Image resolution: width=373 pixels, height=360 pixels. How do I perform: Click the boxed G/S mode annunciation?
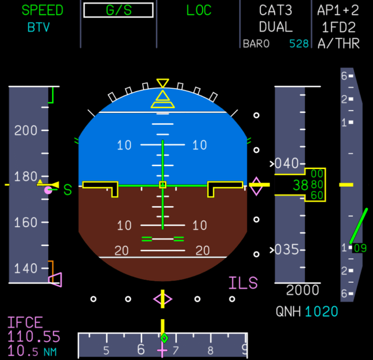pos(118,10)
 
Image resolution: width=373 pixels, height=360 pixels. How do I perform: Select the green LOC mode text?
pos(199,10)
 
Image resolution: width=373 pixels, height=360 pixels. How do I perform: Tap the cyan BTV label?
pos(39,27)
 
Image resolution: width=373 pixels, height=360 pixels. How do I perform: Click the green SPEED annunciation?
pos(42,10)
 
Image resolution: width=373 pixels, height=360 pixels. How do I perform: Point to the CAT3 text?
pos(275,10)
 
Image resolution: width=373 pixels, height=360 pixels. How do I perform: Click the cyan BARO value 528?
pos(299,44)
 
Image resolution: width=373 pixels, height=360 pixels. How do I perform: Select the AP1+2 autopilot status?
pos(338,10)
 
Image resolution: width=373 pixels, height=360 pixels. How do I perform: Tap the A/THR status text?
pos(338,44)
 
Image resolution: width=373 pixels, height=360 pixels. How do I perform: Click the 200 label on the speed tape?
pos(26,130)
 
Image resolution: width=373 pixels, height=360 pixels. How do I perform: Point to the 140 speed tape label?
pos(26,269)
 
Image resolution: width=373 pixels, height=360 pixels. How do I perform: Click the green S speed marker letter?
pos(68,190)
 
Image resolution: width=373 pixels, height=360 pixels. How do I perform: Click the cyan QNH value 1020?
pos(321,312)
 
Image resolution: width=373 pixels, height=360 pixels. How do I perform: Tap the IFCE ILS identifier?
pos(25,323)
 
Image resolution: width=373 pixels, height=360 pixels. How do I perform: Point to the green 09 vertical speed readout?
pos(360,248)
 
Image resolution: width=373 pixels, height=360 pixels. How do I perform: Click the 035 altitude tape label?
pos(286,250)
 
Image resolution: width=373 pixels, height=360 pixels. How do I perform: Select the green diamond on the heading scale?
pos(164,338)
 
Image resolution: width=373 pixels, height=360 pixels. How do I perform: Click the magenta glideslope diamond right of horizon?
pos(256,186)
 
